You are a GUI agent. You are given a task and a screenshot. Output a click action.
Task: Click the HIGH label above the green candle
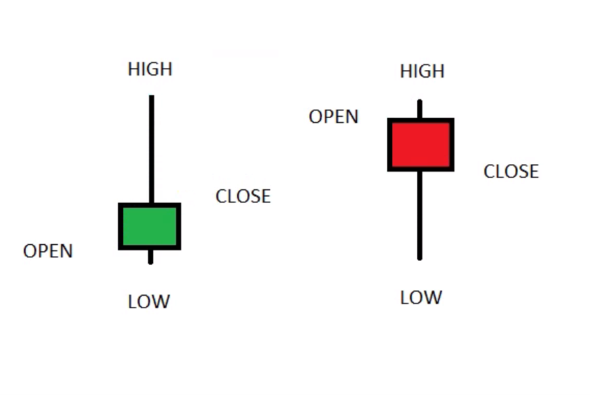150,69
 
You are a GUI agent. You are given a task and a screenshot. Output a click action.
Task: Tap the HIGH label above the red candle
422,71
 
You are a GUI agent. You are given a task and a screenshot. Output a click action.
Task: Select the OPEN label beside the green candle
48,251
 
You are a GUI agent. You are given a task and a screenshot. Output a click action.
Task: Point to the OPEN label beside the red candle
333,116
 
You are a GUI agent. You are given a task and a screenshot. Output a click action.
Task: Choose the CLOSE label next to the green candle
243,196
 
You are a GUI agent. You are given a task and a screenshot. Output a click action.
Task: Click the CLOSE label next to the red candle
511,171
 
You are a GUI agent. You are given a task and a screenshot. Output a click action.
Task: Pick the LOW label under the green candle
149,302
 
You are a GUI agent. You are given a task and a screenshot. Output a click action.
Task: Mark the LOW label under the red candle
421,298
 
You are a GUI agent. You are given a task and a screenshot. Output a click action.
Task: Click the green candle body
150,227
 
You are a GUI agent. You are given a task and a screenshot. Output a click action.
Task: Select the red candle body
421,145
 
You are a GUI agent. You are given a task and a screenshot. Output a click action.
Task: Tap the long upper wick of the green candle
152,149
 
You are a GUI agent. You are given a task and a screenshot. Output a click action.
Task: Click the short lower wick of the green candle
150,257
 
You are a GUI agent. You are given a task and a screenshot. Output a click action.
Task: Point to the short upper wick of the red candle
420,109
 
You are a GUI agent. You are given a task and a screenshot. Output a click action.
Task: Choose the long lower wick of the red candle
420,215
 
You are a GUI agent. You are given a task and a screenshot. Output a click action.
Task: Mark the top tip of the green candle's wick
152,95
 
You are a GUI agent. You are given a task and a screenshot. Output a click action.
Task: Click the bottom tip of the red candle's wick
420,259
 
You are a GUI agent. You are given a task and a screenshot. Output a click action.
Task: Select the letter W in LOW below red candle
433,298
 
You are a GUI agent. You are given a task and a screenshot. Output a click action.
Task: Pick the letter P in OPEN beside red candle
328,116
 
